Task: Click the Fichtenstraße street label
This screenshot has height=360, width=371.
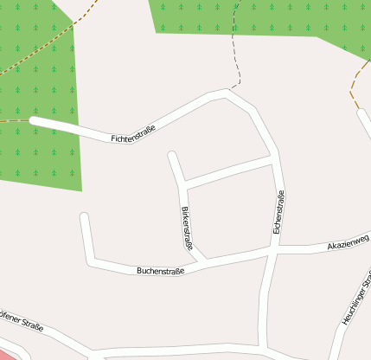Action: coord(133,134)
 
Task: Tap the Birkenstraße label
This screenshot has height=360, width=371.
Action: coord(186,228)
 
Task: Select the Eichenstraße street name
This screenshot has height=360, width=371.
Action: coord(278,212)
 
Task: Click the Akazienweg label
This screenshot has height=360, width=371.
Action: coord(349,246)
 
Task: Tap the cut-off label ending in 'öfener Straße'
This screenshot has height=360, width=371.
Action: coord(21,324)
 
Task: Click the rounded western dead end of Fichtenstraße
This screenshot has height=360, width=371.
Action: coord(34,121)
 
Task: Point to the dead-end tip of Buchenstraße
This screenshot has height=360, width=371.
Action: coord(84,215)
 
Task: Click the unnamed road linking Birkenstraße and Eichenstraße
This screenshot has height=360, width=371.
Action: coord(229,170)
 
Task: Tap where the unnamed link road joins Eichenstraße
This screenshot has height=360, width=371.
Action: coord(272,159)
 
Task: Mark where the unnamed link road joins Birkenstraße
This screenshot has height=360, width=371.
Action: coord(183,184)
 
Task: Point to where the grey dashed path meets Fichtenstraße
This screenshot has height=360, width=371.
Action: coord(229,90)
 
